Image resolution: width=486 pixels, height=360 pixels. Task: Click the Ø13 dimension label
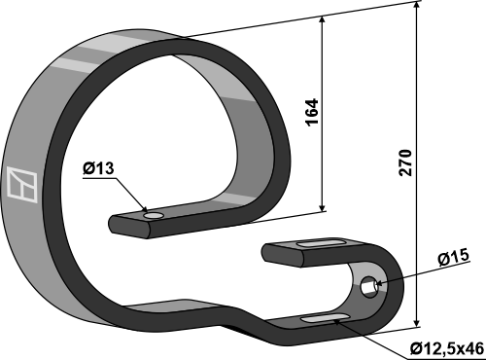click(98, 168)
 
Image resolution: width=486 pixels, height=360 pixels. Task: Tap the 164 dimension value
click(312, 112)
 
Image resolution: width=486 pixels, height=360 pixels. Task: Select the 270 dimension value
click(405, 162)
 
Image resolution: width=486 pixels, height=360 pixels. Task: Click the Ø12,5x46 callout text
click(446, 349)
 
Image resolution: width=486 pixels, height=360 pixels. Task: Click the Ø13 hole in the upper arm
click(154, 216)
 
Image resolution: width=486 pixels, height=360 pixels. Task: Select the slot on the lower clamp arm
click(326, 318)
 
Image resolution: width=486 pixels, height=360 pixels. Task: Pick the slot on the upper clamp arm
click(322, 243)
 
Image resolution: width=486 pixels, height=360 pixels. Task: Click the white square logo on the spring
click(22, 185)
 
